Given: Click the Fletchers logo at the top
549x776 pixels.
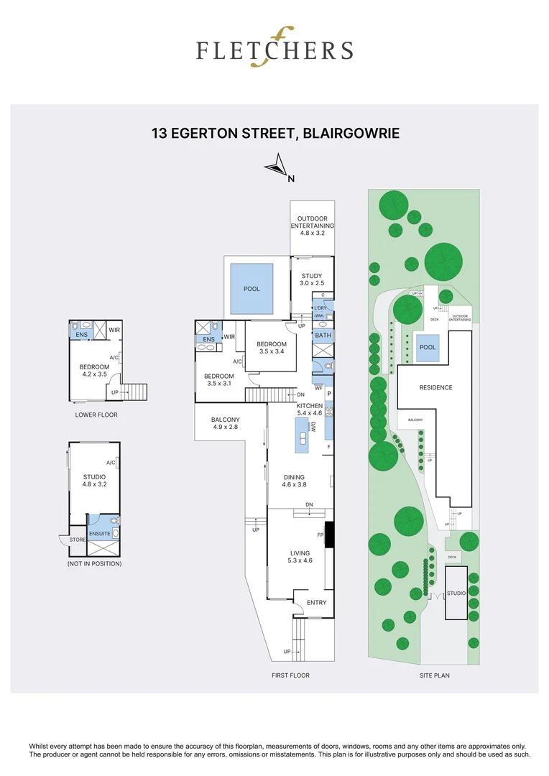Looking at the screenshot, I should point(274,49).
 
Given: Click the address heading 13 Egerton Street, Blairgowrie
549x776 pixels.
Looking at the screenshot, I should point(275,134).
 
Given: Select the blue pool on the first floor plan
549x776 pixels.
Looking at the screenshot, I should point(252,289).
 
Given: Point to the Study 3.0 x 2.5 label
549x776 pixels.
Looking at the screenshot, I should point(312,279).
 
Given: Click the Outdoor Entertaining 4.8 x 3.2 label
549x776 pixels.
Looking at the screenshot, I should point(313,226).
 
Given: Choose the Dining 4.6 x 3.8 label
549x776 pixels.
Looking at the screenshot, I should point(294,481).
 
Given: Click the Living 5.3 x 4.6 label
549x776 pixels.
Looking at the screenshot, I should point(300,557).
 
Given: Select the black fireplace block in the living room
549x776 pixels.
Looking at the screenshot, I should point(329,535).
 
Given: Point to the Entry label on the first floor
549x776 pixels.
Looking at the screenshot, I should point(316,602).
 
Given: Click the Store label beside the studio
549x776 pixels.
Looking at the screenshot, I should point(77,540).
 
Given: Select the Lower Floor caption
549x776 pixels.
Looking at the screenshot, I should point(96,415).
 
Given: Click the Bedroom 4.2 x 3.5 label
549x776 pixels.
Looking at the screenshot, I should point(94,371).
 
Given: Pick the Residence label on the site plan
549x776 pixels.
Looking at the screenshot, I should point(435,387).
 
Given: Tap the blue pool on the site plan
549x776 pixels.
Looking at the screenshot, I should point(428,347).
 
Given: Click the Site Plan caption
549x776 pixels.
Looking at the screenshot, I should point(435,675).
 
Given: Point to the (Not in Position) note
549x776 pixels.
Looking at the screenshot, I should point(94,564).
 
